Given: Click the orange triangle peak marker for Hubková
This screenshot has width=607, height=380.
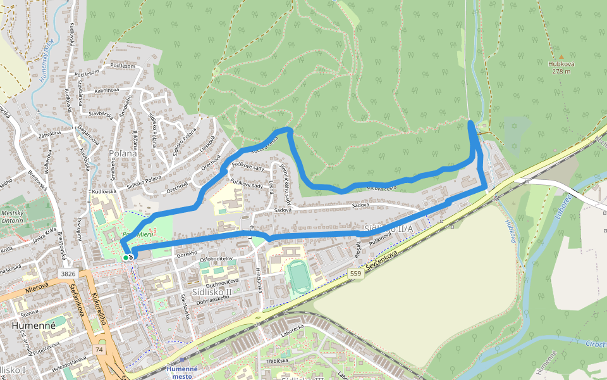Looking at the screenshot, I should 561,56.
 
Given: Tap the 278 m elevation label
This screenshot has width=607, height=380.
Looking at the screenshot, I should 561,72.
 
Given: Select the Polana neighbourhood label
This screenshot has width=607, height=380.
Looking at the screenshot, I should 123,153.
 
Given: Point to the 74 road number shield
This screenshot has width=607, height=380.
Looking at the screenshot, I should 99,350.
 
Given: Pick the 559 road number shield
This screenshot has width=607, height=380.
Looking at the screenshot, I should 355,274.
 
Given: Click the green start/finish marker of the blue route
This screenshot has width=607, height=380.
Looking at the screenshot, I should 128,256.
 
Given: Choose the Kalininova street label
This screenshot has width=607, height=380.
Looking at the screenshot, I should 107,91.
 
